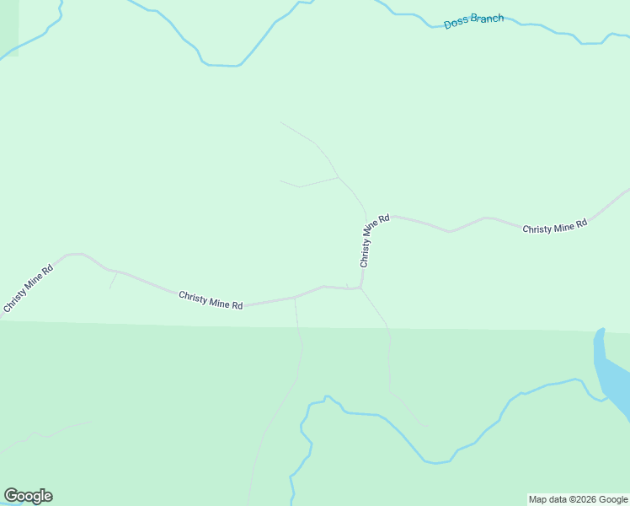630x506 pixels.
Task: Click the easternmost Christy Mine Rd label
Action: pos(554,228)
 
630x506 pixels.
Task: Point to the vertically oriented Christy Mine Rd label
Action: pos(374,240)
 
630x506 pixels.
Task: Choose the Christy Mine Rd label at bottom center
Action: pos(211,299)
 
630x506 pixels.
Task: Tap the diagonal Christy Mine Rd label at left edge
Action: pos(28,289)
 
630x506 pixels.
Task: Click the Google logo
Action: pos(28,496)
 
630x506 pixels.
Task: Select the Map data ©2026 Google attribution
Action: pos(578,499)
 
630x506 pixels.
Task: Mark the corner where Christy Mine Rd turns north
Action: pos(362,287)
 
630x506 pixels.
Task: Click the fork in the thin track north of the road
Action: pos(338,177)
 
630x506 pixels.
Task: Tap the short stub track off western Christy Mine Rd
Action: pos(112,280)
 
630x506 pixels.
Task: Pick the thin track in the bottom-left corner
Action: pos(42,435)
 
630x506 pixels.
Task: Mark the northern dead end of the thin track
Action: pos(280,122)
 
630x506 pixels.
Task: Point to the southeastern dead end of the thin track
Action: pos(426,426)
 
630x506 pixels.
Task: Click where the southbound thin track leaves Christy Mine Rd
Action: pos(295,299)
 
